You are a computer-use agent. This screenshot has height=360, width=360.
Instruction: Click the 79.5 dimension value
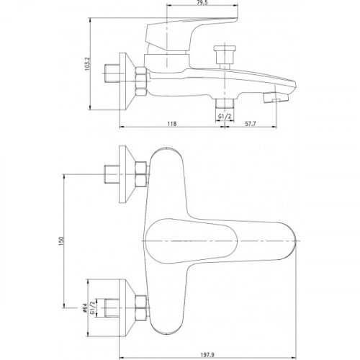tap(203, 3)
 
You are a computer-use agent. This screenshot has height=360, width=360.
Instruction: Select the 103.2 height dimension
tap(87, 64)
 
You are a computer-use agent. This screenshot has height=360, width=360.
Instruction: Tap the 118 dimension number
tap(172, 124)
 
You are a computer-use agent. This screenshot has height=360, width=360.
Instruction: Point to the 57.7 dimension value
tap(251, 124)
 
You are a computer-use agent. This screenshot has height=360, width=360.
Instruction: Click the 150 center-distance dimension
tap(60, 240)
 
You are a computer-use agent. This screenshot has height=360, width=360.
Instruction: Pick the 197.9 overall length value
tap(207, 354)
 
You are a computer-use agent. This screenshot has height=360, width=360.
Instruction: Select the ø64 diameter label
tap(84, 308)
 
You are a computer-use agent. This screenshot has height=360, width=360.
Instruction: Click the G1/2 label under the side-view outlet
tap(225, 117)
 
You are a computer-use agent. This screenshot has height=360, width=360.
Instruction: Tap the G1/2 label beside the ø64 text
tap(92, 308)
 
